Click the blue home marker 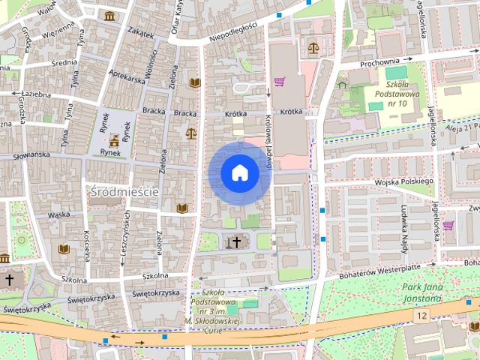tap(239, 173)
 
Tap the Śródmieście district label tap(124, 192)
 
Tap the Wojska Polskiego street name tap(404, 181)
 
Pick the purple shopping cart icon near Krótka tap(280, 82)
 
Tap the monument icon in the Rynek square tap(114, 139)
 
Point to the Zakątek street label tap(140, 34)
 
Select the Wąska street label tap(58, 214)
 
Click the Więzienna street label tap(58, 33)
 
